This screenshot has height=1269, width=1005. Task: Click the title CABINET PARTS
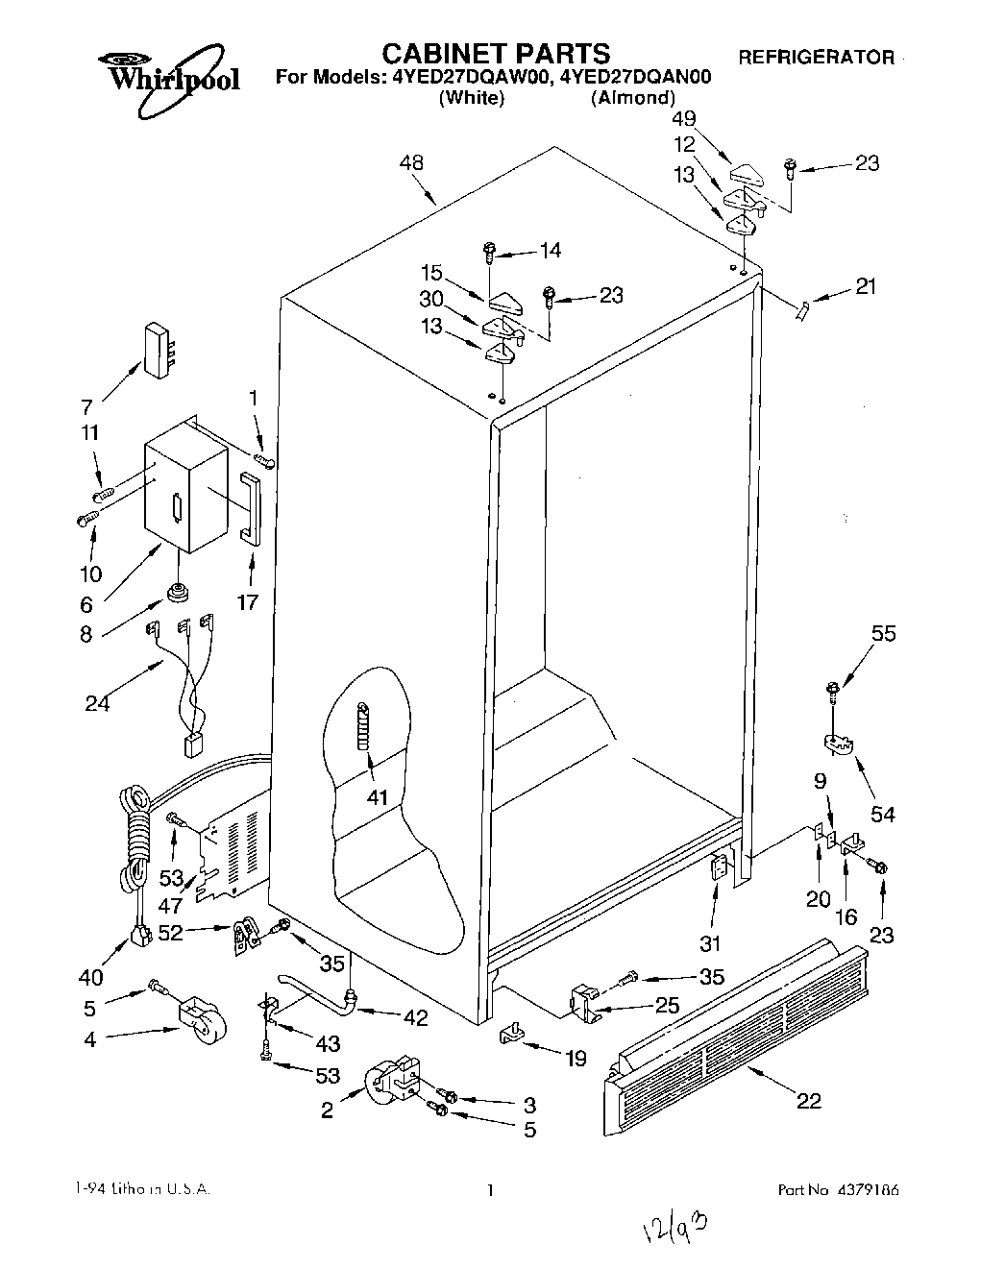point(496,52)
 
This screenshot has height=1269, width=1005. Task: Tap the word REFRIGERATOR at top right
point(816,58)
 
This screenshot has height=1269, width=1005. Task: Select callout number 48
point(411,164)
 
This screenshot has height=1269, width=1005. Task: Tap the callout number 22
point(808,1101)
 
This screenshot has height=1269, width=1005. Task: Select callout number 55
point(883,633)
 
